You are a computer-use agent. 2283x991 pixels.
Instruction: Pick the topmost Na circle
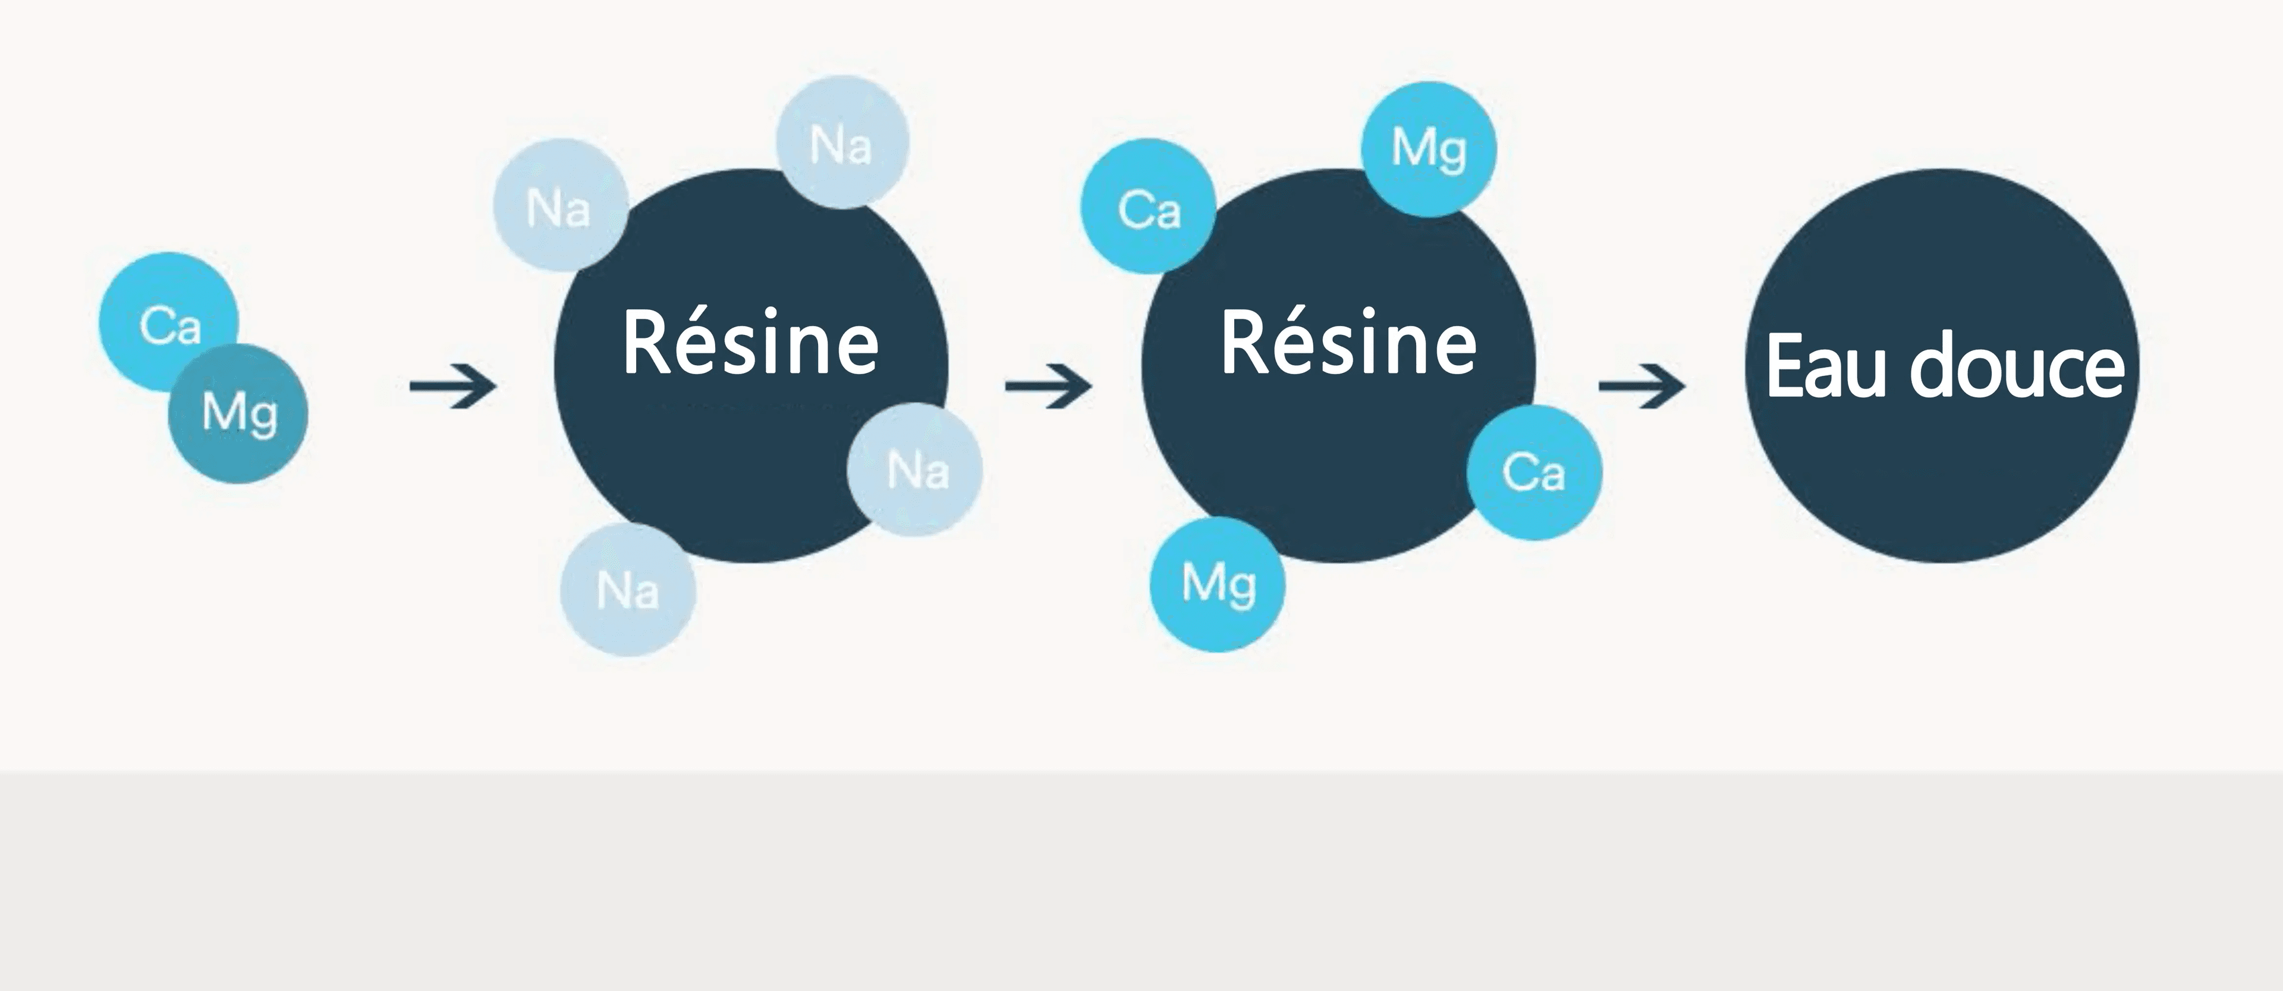point(842,142)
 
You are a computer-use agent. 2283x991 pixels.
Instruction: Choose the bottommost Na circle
point(627,589)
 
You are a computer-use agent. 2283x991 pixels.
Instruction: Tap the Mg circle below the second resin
point(1218,584)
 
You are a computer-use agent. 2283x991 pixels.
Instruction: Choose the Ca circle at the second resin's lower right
point(1534,472)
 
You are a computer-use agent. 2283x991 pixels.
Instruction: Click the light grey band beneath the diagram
point(1141,882)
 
